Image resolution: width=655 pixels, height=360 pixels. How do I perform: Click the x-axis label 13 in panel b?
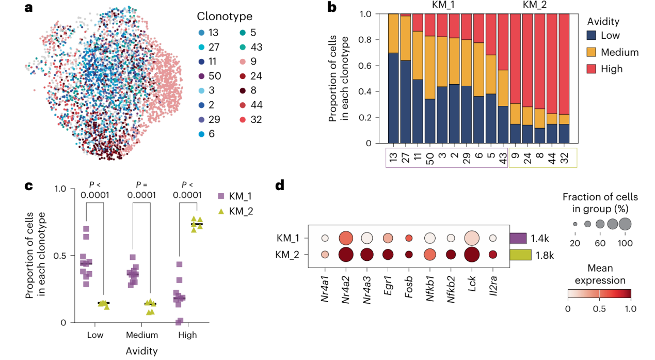(394, 155)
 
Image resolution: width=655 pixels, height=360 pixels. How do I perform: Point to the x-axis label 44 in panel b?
(552, 155)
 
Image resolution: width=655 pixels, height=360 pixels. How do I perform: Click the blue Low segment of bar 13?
(394, 98)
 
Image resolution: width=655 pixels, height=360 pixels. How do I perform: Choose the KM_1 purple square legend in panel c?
(221, 196)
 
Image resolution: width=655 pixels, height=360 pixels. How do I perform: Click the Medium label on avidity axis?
(142, 335)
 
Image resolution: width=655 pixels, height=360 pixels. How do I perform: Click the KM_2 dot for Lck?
(471, 254)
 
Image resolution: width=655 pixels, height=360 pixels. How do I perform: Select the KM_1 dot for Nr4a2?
(346, 238)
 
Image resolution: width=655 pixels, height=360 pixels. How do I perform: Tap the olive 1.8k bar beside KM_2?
(520, 254)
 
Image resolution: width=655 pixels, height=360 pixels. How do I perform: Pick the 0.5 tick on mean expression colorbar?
(599, 309)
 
